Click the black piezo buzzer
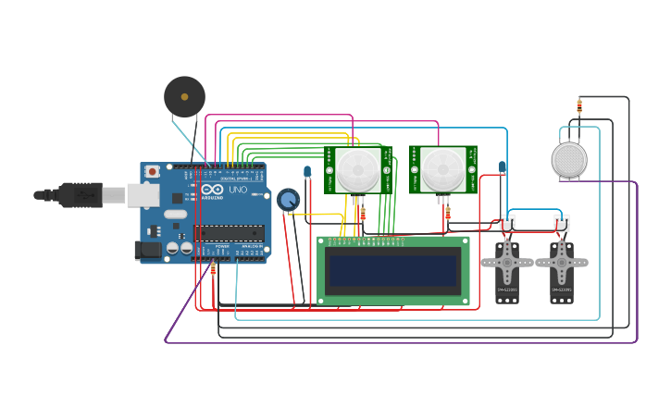(x=184, y=96)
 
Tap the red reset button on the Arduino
(x=152, y=172)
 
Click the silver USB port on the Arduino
(x=142, y=194)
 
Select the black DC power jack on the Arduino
(x=146, y=250)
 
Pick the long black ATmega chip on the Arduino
(x=228, y=233)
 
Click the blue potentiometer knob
(x=288, y=200)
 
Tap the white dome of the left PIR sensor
(x=357, y=170)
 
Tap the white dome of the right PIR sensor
(x=443, y=170)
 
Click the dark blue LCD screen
(x=393, y=271)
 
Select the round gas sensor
(x=569, y=159)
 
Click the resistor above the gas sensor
(x=579, y=105)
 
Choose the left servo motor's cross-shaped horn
(x=507, y=263)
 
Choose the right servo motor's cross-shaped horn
(x=562, y=263)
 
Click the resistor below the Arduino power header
(x=213, y=269)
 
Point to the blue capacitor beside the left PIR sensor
(x=307, y=171)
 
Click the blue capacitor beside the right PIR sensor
(x=503, y=167)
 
